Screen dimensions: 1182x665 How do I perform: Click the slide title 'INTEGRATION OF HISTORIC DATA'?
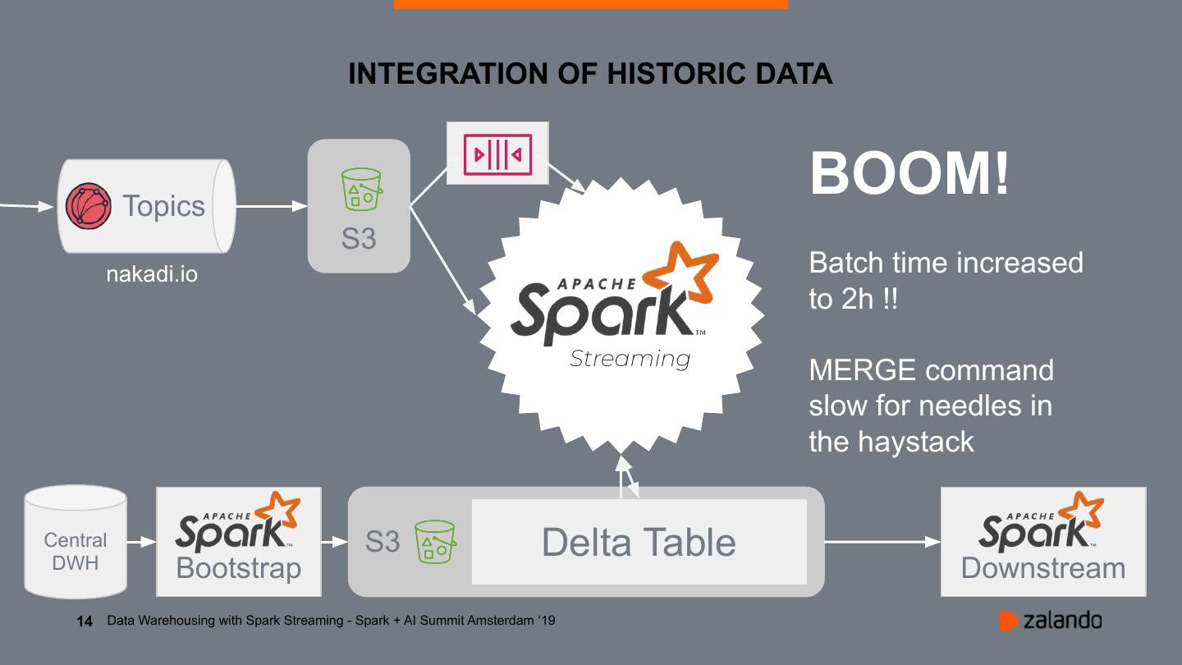pyautogui.click(x=590, y=74)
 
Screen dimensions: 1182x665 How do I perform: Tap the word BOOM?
pyautogui.click(x=909, y=173)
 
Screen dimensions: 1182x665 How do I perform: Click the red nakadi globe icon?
pyautogui.click(x=89, y=206)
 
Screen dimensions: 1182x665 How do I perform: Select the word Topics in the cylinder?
pyautogui.click(x=163, y=206)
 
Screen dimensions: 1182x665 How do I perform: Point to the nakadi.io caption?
pyautogui.click(x=152, y=273)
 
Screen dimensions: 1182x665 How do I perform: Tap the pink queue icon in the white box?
pyautogui.click(x=497, y=154)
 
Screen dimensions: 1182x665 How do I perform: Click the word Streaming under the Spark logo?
pyautogui.click(x=630, y=359)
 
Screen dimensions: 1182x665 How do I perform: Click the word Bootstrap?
pyautogui.click(x=238, y=568)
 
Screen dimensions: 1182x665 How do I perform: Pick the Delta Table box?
pyautogui.click(x=639, y=542)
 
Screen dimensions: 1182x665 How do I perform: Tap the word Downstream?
pyautogui.click(x=1042, y=568)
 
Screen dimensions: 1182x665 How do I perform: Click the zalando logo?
pyautogui.click(x=1050, y=621)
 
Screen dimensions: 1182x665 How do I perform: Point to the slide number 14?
pyautogui.click(x=85, y=621)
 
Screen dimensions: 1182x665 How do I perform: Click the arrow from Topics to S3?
pyautogui.click(x=272, y=207)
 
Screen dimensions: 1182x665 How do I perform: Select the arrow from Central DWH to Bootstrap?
pyautogui.click(x=141, y=542)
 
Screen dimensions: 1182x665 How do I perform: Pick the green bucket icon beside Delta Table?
pyautogui.click(x=435, y=543)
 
